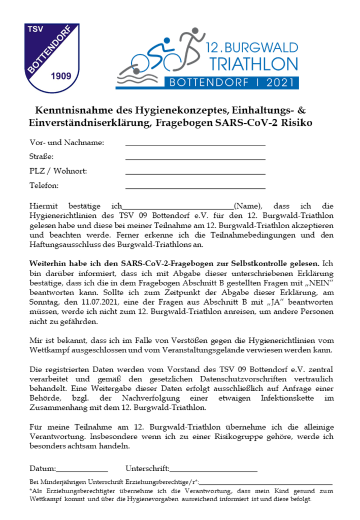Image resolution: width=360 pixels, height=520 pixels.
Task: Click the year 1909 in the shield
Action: coord(61,76)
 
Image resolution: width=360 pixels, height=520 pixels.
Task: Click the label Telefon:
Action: coord(44,185)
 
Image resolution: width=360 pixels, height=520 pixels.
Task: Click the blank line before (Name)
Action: coord(178,208)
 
